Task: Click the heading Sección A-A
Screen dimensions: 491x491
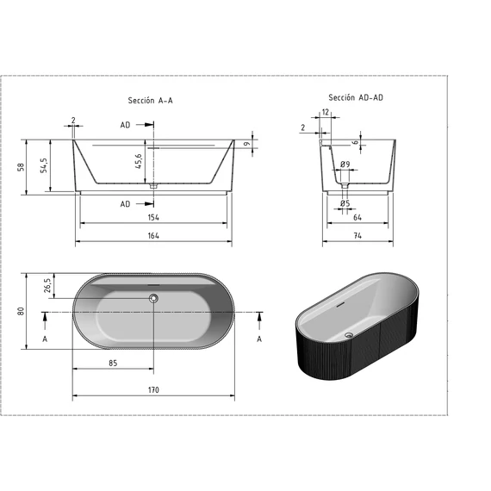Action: tap(150, 101)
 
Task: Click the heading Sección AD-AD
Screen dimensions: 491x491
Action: tap(356, 97)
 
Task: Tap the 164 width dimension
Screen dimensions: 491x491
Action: tap(153, 236)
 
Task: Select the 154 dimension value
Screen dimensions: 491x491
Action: tap(153, 217)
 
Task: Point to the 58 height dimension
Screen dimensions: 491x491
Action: tap(21, 167)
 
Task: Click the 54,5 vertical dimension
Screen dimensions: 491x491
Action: tap(44, 165)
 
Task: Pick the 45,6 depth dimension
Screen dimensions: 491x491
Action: tap(139, 162)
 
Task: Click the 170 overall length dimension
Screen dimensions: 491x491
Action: tap(153, 390)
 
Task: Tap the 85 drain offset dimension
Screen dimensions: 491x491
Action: tap(113, 364)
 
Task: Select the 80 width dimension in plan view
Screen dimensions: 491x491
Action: tap(21, 311)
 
